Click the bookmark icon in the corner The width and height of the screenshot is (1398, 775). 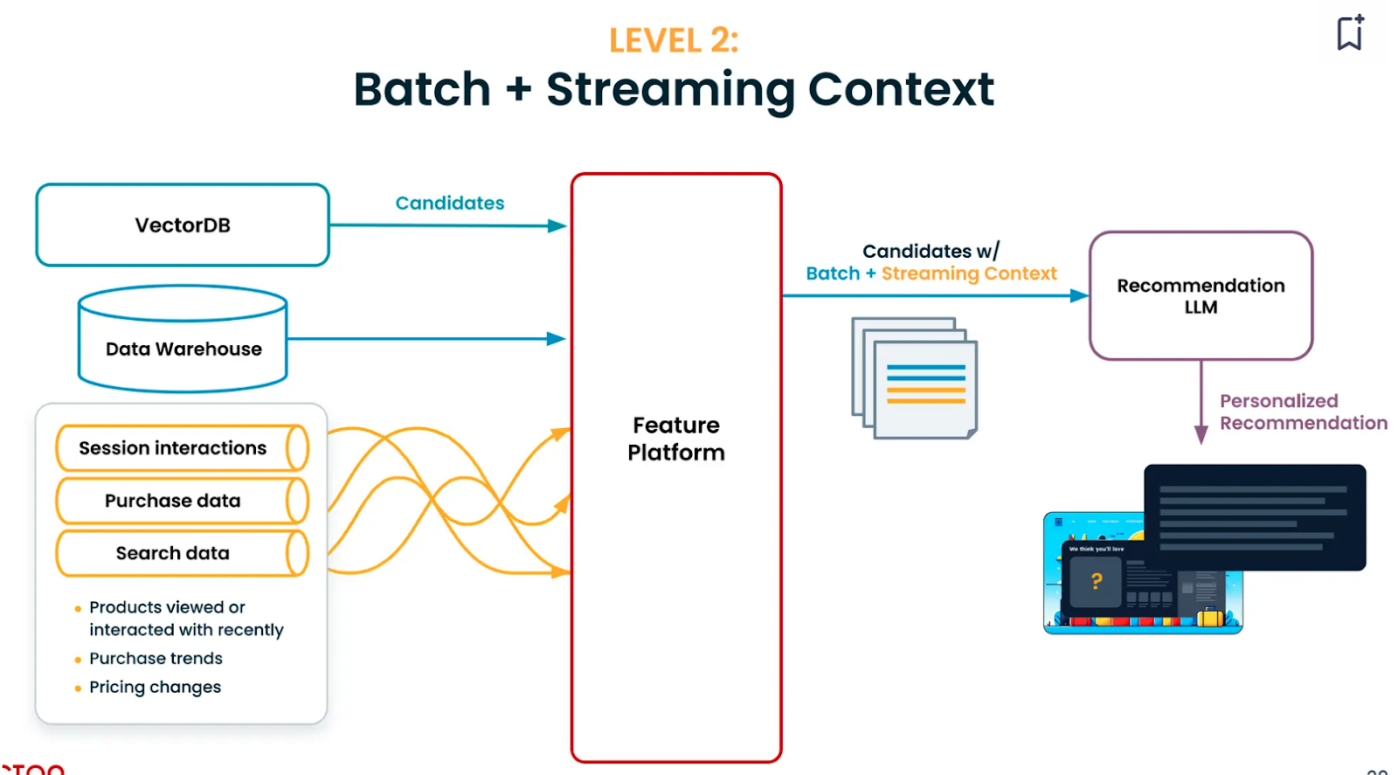(1350, 33)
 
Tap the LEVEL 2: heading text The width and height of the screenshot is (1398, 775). (674, 40)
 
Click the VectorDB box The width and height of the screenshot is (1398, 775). (183, 225)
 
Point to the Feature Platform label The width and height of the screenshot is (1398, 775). (676, 439)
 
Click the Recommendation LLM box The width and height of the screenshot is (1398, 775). (1201, 296)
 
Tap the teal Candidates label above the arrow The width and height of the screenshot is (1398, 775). (450, 204)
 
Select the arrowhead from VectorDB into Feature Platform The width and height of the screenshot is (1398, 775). (557, 226)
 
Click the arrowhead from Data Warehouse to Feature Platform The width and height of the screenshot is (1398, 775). (556, 339)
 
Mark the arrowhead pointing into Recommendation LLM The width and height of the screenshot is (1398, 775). (1079, 296)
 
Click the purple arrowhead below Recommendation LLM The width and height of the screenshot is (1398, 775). (1201, 435)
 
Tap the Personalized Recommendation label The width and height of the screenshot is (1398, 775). (1303, 412)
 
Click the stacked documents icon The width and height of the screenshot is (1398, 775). (915, 378)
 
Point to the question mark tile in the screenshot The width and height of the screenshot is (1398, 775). (1096, 581)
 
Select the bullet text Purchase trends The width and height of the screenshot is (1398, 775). (156, 659)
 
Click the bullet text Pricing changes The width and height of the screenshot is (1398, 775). (155, 688)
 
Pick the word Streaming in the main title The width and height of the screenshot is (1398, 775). (670, 90)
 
